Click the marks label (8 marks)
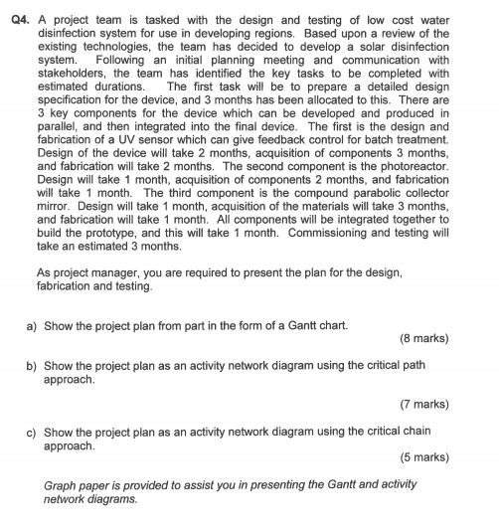pyautogui.click(x=423, y=338)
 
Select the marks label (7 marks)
pyautogui.click(x=423, y=405)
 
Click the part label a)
pyautogui.click(x=32, y=323)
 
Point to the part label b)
pyautogui.click(x=32, y=365)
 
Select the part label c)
pyautogui.click(x=32, y=433)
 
